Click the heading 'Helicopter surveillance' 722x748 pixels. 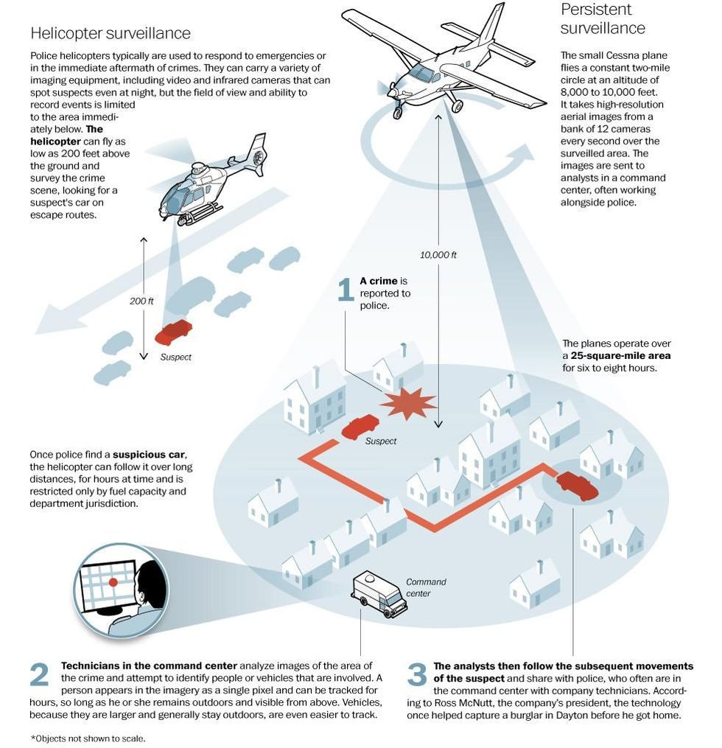pos(111,33)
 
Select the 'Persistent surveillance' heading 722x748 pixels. pos(603,19)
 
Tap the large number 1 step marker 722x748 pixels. pos(346,290)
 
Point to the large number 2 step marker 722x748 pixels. pos(40,675)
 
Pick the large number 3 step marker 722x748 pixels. pos(416,675)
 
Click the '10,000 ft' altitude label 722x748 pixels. pos(438,255)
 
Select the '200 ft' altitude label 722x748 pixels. pos(142,301)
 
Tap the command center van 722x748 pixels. pos(379,594)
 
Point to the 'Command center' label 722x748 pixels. pos(426,587)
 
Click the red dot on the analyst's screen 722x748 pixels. pos(113,581)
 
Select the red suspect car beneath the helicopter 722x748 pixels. pos(174,332)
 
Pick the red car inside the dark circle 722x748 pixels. pos(578,485)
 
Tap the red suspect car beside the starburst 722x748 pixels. pos(360,425)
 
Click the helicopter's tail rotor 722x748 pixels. pos(258,155)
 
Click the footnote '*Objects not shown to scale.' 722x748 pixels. pos(88,738)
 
